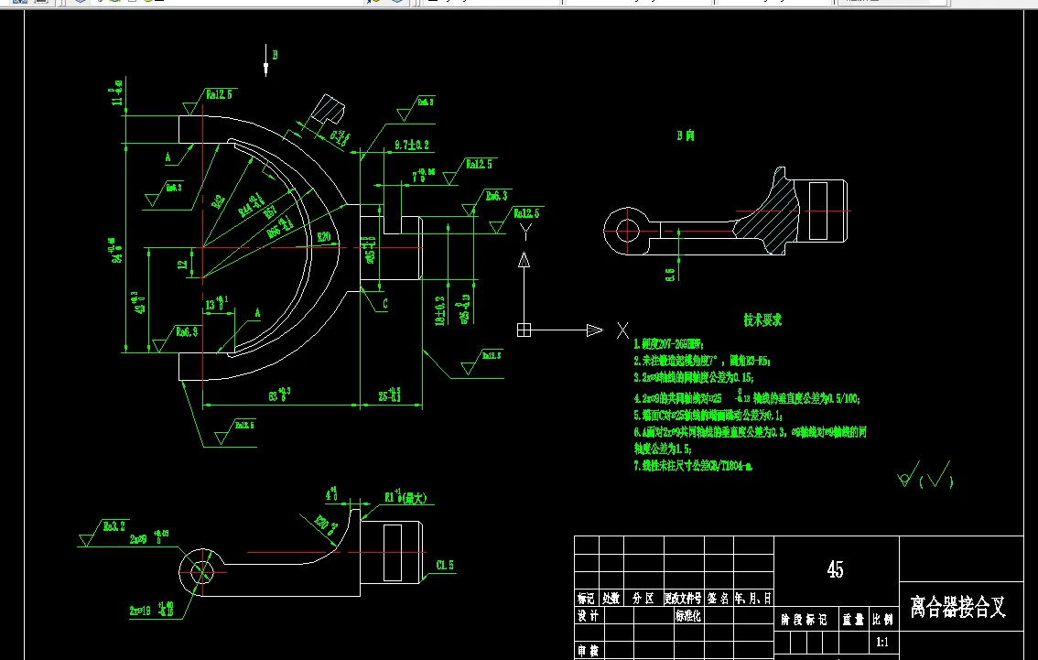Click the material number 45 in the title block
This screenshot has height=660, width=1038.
click(x=835, y=569)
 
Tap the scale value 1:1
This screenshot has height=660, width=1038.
click(x=883, y=643)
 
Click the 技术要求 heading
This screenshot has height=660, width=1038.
click(x=762, y=320)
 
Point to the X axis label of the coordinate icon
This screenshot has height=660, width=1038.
click(x=622, y=330)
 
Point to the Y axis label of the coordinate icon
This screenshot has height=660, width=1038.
click(x=524, y=232)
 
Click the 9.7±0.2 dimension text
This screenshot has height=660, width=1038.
click(x=412, y=146)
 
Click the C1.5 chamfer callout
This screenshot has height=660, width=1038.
click(x=446, y=565)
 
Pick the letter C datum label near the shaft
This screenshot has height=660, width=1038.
click(x=385, y=303)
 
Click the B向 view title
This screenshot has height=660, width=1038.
click(x=685, y=135)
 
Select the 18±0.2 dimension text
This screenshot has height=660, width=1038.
click(x=440, y=310)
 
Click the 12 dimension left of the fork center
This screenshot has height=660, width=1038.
click(x=182, y=265)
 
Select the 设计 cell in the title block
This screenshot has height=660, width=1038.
click(x=588, y=617)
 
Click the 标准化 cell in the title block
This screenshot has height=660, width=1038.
click(x=688, y=617)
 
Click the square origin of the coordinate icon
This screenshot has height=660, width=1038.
click(x=524, y=330)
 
